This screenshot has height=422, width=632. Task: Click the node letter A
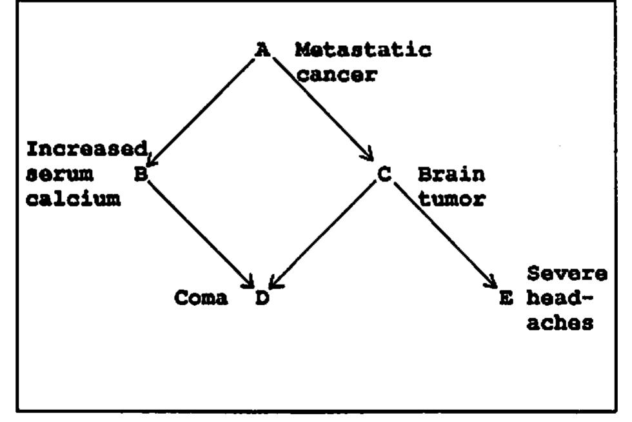coord(262,50)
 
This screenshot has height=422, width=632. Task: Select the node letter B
coord(140,174)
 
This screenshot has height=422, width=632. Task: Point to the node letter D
coord(261,299)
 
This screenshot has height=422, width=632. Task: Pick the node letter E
coord(506,299)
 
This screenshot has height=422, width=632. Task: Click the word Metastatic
coord(363,50)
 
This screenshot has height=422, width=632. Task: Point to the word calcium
coord(73,199)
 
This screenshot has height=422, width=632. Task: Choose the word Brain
coord(451,174)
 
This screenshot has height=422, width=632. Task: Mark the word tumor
coord(451,199)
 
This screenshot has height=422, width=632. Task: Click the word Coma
coord(201,299)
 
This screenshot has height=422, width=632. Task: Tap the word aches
coord(560,324)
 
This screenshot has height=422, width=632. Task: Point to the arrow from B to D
coord(200,234)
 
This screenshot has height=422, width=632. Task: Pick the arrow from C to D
coord(323,234)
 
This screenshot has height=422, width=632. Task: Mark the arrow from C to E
coord(445,234)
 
